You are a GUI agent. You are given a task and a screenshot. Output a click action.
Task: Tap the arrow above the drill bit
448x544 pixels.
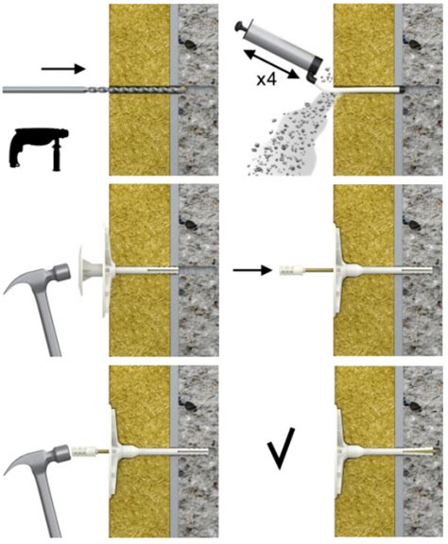pyautogui.click(x=63, y=69)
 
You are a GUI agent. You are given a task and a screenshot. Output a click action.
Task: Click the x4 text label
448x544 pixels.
pyautogui.click(x=267, y=79)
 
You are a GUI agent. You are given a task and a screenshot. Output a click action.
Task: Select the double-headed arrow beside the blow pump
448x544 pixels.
pyautogui.click(x=272, y=64)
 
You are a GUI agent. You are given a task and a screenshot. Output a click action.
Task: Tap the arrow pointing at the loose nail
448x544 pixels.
pyautogui.click(x=251, y=270)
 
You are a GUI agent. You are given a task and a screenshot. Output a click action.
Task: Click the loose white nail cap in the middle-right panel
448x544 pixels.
pyautogui.click(x=290, y=270)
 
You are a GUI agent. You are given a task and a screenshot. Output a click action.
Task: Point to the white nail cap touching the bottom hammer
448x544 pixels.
pyautogui.click(x=83, y=451)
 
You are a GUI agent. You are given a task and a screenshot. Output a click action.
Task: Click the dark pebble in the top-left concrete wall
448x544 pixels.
pyautogui.click(x=189, y=44)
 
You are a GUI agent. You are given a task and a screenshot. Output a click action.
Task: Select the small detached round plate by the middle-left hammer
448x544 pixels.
pyautogui.click(x=88, y=270)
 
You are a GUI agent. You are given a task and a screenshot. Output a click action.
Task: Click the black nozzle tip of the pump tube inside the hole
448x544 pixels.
pyautogui.click(x=401, y=89)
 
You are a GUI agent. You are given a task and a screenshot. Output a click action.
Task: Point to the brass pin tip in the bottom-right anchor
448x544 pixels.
pyautogui.click(x=432, y=451)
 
